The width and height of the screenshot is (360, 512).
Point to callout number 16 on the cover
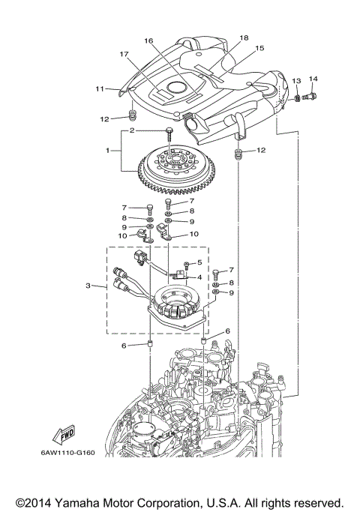coord(148,40)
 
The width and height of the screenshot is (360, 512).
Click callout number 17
coord(122,54)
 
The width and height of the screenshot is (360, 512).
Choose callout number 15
coord(260,48)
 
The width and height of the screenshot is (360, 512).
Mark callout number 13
coord(296,80)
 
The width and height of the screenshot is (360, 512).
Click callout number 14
coord(313,79)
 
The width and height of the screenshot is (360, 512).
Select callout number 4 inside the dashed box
coord(199,277)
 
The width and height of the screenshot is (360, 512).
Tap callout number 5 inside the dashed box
coord(199,262)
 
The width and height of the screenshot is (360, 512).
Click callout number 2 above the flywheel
coord(132,130)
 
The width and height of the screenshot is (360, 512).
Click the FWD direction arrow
coord(67,435)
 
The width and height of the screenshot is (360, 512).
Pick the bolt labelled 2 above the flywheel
coord(169,135)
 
